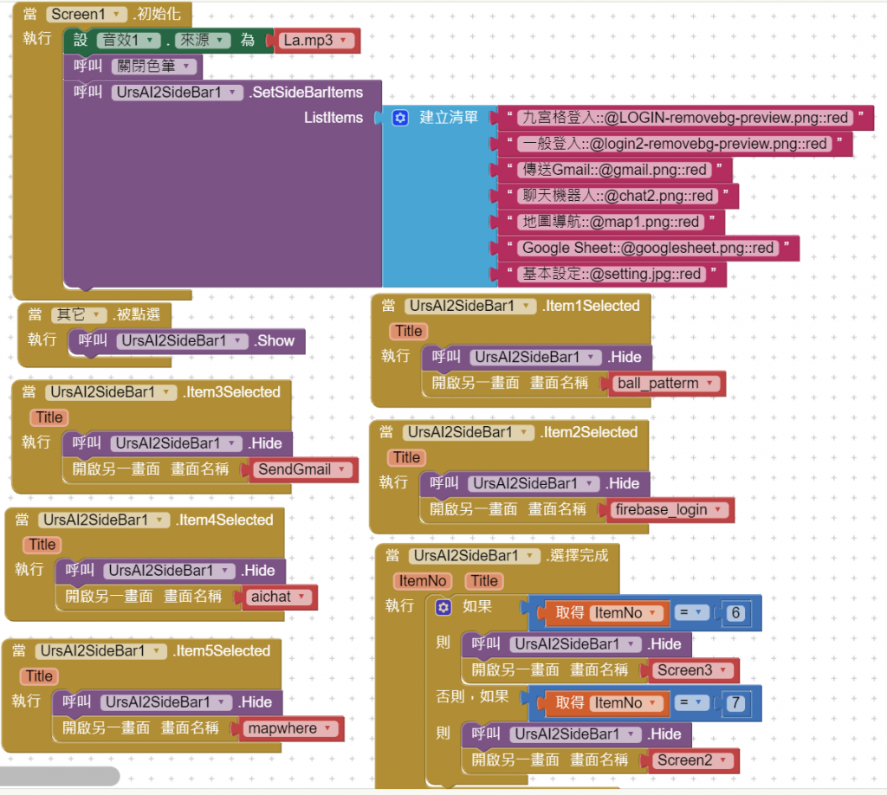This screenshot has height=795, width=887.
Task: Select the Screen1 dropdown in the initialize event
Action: [x=86, y=15]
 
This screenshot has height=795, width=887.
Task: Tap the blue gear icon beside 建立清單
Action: [x=400, y=118]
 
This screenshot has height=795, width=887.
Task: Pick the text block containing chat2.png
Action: [x=618, y=196]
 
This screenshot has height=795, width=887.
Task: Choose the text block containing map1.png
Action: [x=611, y=222]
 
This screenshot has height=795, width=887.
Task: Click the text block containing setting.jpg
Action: [x=612, y=274]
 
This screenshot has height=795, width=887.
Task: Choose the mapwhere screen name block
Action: [x=290, y=728]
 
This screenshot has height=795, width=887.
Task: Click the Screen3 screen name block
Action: [x=692, y=670]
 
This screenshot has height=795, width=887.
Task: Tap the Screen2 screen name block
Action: [x=692, y=760]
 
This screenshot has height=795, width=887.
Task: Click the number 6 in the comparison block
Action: [x=736, y=613]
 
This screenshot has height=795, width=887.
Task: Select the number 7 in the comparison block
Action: [x=736, y=703]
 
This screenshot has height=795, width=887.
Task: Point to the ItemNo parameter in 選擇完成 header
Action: [x=424, y=581]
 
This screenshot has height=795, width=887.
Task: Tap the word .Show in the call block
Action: [x=275, y=341]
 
